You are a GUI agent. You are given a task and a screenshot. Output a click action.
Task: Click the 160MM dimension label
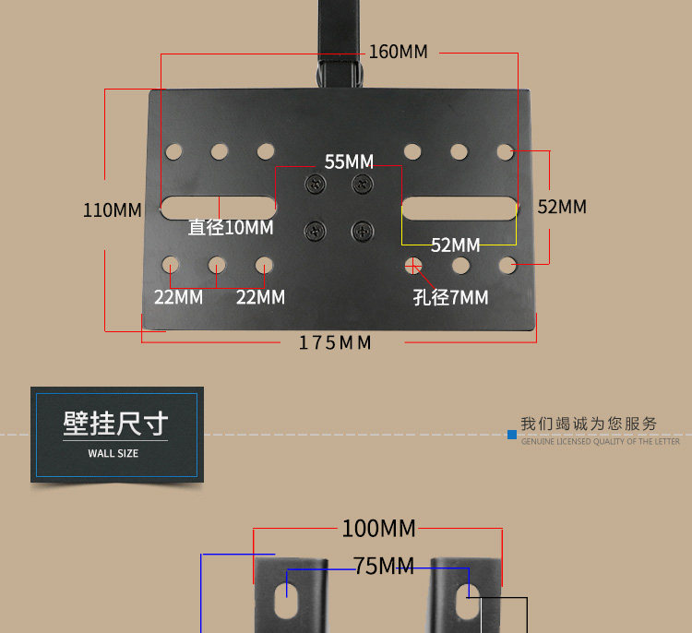(x=398, y=52)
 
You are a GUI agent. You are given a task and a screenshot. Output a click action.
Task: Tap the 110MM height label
(x=113, y=210)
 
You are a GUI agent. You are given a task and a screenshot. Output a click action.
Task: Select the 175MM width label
(x=336, y=343)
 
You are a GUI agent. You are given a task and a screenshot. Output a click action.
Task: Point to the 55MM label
(x=349, y=162)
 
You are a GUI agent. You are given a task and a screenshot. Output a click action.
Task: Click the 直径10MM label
(x=231, y=228)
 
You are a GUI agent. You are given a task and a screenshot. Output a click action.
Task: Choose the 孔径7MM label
(x=450, y=297)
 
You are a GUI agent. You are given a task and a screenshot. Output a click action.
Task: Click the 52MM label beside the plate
(x=562, y=207)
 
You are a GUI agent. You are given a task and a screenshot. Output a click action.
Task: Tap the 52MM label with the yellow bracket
(x=456, y=245)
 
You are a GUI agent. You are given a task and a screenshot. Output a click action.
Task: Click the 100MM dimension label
(x=378, y=529)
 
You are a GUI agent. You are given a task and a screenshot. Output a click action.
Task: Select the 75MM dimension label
(x=384, y=566)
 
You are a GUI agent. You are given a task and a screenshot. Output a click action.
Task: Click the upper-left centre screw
(x=316, y=184)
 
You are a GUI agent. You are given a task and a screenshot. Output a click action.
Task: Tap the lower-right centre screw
(x=363, y=231)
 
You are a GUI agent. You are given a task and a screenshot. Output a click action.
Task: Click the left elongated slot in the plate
(x=219, y=208)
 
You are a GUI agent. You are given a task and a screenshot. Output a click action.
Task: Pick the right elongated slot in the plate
(x=459, y=209)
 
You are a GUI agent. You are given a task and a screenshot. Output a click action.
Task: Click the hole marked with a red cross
(x=413, y=266)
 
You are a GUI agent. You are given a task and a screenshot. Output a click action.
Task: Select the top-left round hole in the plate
(x=173, y=151)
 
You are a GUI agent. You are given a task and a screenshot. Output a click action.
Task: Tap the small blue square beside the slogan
(x=512, y=435)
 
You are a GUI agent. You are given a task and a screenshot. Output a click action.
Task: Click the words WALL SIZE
(x=113, y=453)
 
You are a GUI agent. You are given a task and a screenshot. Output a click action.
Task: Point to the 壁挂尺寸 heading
(x=115, y=424)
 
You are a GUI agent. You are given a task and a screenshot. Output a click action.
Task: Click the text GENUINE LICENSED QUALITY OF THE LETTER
(x=601, y=441)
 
